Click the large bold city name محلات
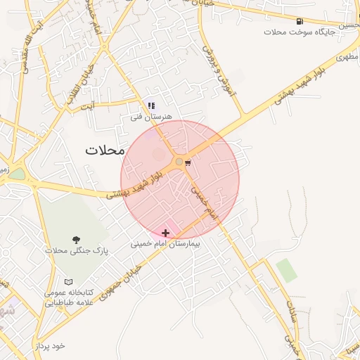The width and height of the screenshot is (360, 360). (x=104, y=150)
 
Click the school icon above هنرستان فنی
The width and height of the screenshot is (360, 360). (x=151, y=106)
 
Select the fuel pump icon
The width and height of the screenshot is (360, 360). (x=300, y=22)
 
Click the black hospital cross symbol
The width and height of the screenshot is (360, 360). (x=166, y=233)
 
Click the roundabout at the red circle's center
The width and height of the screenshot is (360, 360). (x=179, y=163)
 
